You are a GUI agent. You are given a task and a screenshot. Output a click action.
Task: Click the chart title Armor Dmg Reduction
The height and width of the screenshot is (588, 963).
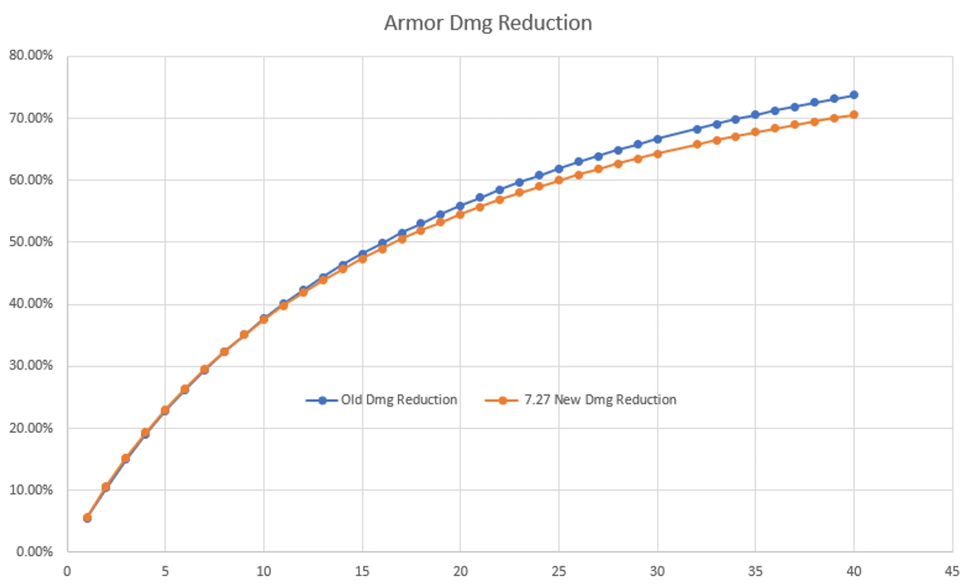[x=487, y=23]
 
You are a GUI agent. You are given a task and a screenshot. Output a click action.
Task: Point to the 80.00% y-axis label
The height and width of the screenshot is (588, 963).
[x=31, y=55]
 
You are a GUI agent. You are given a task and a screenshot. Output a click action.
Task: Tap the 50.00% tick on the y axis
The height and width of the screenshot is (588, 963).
[x=31, y=242]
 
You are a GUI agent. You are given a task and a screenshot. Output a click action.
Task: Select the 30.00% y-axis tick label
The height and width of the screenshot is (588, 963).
[x=31, y=366]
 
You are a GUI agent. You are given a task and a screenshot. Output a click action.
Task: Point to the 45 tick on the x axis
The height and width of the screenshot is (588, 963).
[x=951, y=572]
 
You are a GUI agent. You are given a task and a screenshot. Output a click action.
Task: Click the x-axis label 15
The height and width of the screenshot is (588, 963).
[x=362, y=572]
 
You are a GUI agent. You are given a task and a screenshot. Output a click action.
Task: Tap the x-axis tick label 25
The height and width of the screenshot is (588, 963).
[x=559, y=572]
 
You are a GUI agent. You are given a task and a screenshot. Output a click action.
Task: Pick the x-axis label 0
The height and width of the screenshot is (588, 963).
[x=67, y=572]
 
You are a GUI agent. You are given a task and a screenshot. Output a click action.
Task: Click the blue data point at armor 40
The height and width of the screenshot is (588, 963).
[x=854, y=95]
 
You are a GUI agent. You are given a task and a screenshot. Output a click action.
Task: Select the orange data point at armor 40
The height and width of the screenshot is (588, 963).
[x=854, y=115]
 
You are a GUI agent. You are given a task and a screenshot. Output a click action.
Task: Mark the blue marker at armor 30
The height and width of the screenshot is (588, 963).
[x=657, y=139]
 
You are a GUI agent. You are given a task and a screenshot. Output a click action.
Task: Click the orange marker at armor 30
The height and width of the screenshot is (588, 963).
[x=657, y=154]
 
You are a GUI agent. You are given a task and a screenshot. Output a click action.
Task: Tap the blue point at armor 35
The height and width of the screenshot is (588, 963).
[x=755, y=115]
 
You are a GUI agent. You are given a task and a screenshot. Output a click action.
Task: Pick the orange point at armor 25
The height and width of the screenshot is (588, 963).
[x=559, y=180]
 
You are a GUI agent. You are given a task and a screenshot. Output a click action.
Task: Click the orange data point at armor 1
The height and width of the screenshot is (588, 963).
[x=87, y=517]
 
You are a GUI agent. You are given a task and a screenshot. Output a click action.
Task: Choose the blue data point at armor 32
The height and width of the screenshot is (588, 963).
[x=697, y=129]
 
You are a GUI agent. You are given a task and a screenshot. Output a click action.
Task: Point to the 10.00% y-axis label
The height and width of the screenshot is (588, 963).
[x=31, y=490]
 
